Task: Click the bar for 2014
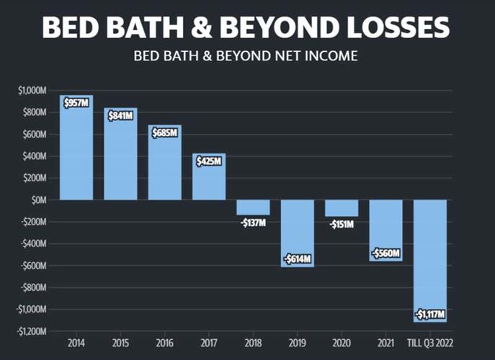(76, 151)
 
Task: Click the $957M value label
(76, 103)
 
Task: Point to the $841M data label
(120, 115)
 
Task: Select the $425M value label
(209, 161)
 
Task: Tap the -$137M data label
(253, 221)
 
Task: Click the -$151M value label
(342, 223)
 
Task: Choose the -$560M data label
(385, 253)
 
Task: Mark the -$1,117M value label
(430, 315)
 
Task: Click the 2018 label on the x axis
(253, 344)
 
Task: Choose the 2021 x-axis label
(386, 344)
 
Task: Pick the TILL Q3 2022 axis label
(430, 344)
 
